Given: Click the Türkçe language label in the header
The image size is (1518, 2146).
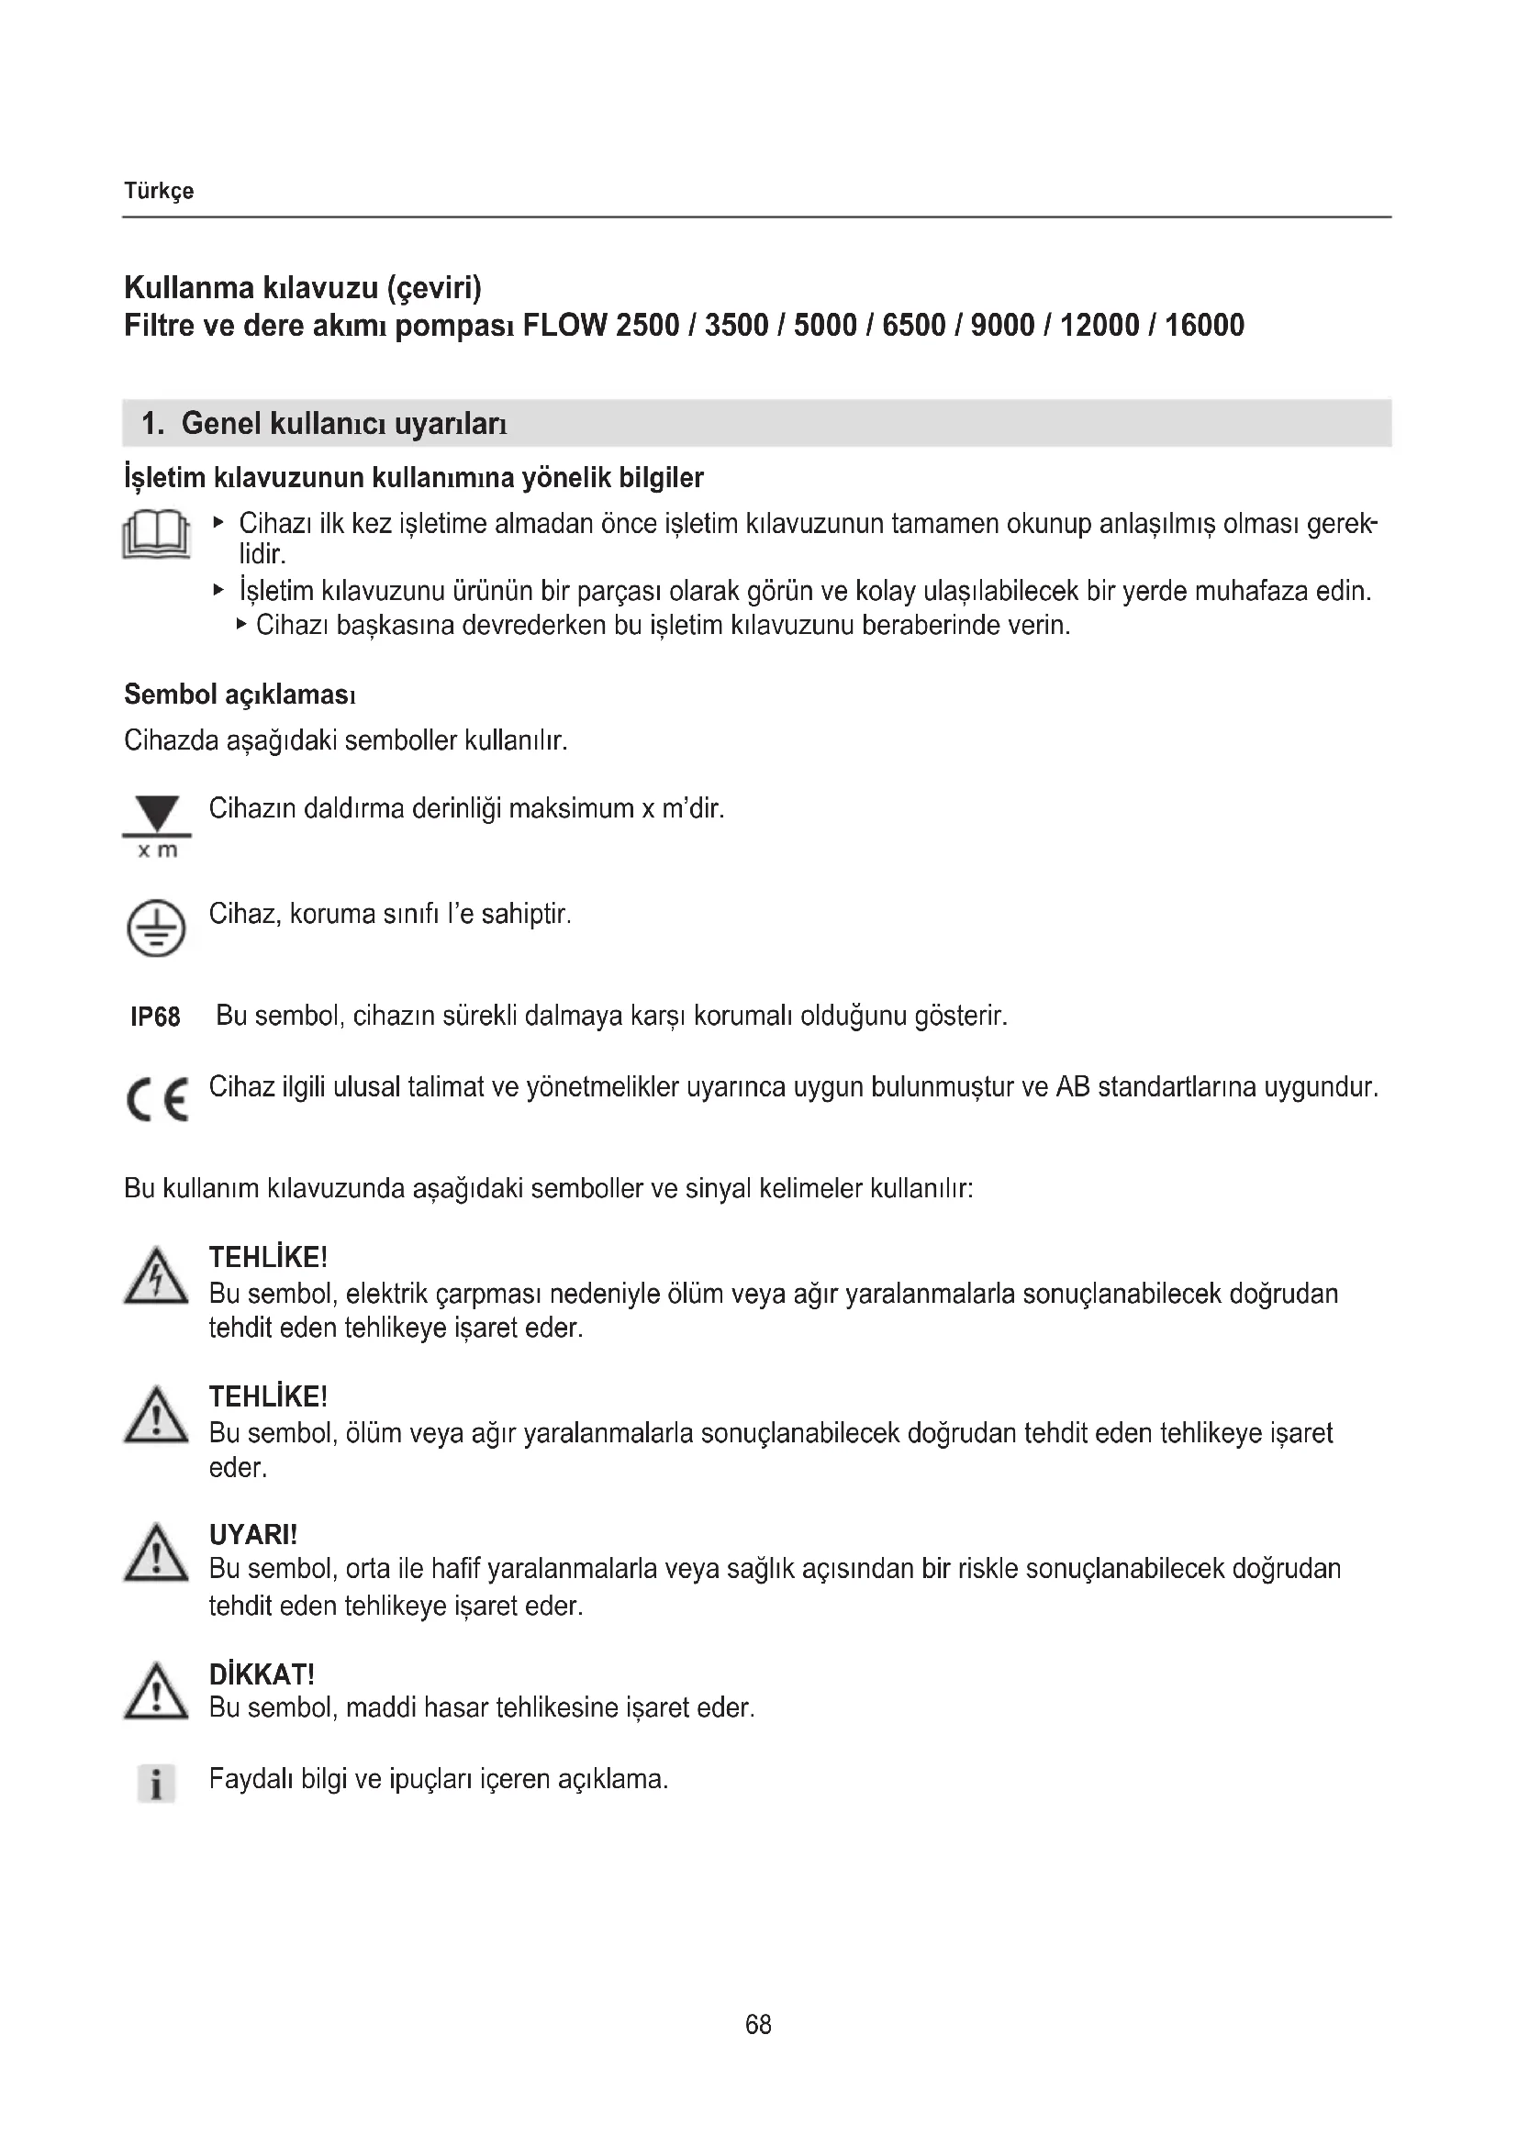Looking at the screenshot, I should [x=159, y=191].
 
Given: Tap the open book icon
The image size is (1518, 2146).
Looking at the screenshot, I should [x=156, y=536].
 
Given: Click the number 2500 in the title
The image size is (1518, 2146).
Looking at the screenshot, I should [x=648, y=326].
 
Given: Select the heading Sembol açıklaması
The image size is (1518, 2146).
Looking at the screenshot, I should [x=240, y=695].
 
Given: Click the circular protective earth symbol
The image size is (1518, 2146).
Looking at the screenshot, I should [x=156, y=928].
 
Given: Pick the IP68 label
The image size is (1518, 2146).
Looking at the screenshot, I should [x=155, y=1017].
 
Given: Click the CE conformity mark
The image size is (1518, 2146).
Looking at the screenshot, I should [x=157, y=1099].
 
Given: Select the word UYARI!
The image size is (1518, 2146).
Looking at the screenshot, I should [x=253, y=1535].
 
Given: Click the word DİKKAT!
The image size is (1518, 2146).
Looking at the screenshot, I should [x=262, y=1674].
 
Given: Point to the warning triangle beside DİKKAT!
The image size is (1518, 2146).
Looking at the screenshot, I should [x=156, y=1693].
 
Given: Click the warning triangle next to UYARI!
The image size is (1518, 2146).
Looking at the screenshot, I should [x=156, y=1553].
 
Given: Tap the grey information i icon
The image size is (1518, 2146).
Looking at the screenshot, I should [x=156, y=1784].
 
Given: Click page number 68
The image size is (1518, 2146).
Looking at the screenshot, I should [x=758, y=2025].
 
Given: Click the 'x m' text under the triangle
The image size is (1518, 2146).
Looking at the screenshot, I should [x=157, y=851].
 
